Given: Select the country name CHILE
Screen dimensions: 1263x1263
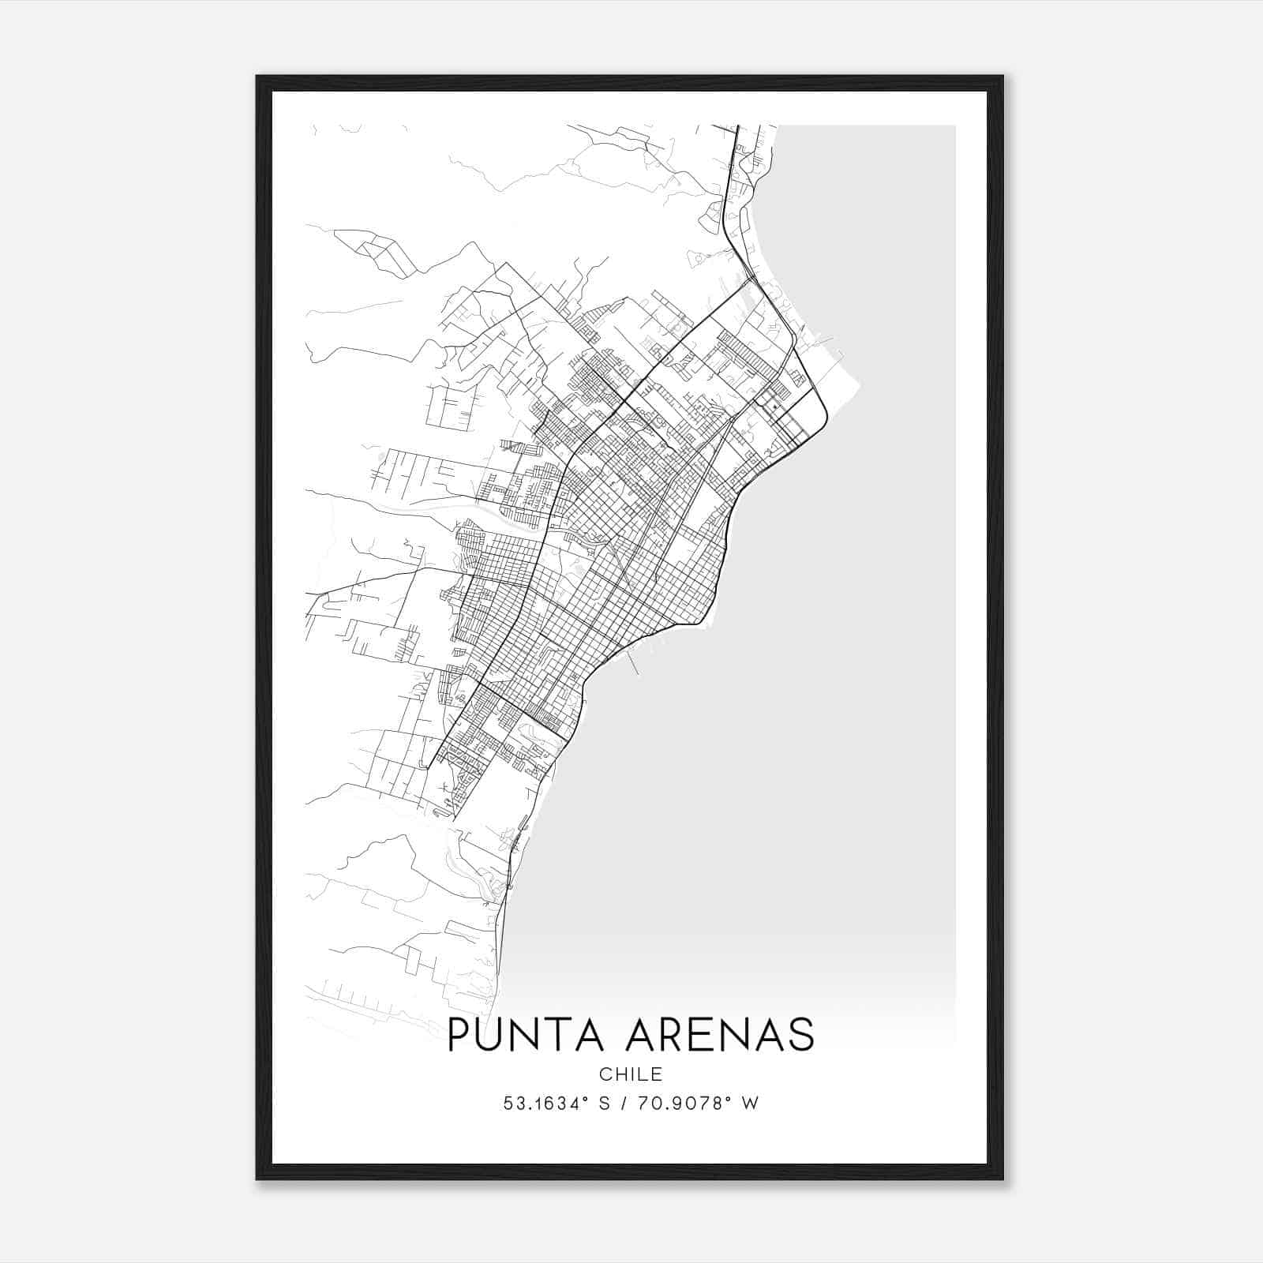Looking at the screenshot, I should pos(631,1074).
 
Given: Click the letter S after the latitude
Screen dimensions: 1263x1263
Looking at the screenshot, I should pos(605,1104).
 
